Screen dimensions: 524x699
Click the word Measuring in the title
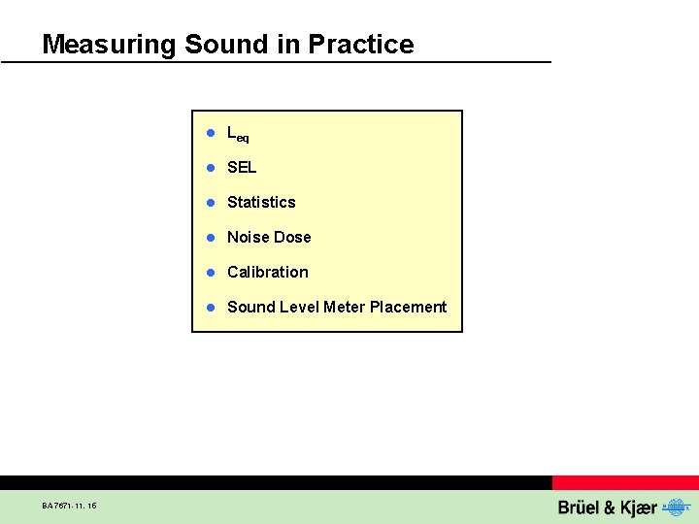(x=109, y=45)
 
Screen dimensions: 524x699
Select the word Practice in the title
(x=360, y=45)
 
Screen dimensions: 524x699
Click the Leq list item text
(x=238, y=134)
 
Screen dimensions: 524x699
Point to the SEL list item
(x=242, y=168)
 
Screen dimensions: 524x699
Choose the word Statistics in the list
(x=261, y=203)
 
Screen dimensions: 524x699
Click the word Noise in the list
(x=248, y=238)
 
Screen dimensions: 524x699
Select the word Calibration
(x=267, y=273)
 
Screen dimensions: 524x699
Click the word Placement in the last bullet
(x=408, y=308)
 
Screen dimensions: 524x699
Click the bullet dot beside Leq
(x=209, y=133)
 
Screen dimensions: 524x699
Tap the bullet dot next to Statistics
(x=209, y=203)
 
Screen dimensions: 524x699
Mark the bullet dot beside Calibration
(x=209, y=273)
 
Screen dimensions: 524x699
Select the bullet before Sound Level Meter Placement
(x=209, y=308)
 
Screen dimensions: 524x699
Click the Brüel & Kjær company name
(x=607, y=508)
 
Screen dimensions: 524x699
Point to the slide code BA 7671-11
(x=69, y=506)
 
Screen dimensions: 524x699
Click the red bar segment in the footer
(x=625, y=482)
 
